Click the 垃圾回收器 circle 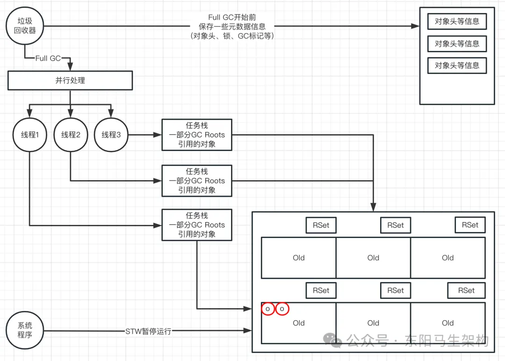[x=25, y=26]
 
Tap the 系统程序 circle [x=25, y=330]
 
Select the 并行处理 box [x=70, y=80]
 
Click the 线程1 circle [x=30, y=135]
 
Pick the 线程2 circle [x=71, y=135]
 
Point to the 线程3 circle [x=111, y=135]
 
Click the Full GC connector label [x=48, y=58]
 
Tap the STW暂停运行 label [x=148, y=332]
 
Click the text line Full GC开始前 [x=232, y=17]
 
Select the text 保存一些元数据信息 [x=232, y=26]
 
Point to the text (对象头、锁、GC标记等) [x=232, y=36]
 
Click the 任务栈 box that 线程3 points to [x=197, y=135]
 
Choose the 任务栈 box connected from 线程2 [x=197, y=180]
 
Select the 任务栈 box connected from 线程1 [x=197, y=225]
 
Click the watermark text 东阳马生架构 [x=447, y=340]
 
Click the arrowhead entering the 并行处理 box [x=70, y=67]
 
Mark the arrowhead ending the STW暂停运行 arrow [x=248, y=331]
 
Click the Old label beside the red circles [x=298, y=323]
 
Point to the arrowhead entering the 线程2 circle [x=71, y=114]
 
